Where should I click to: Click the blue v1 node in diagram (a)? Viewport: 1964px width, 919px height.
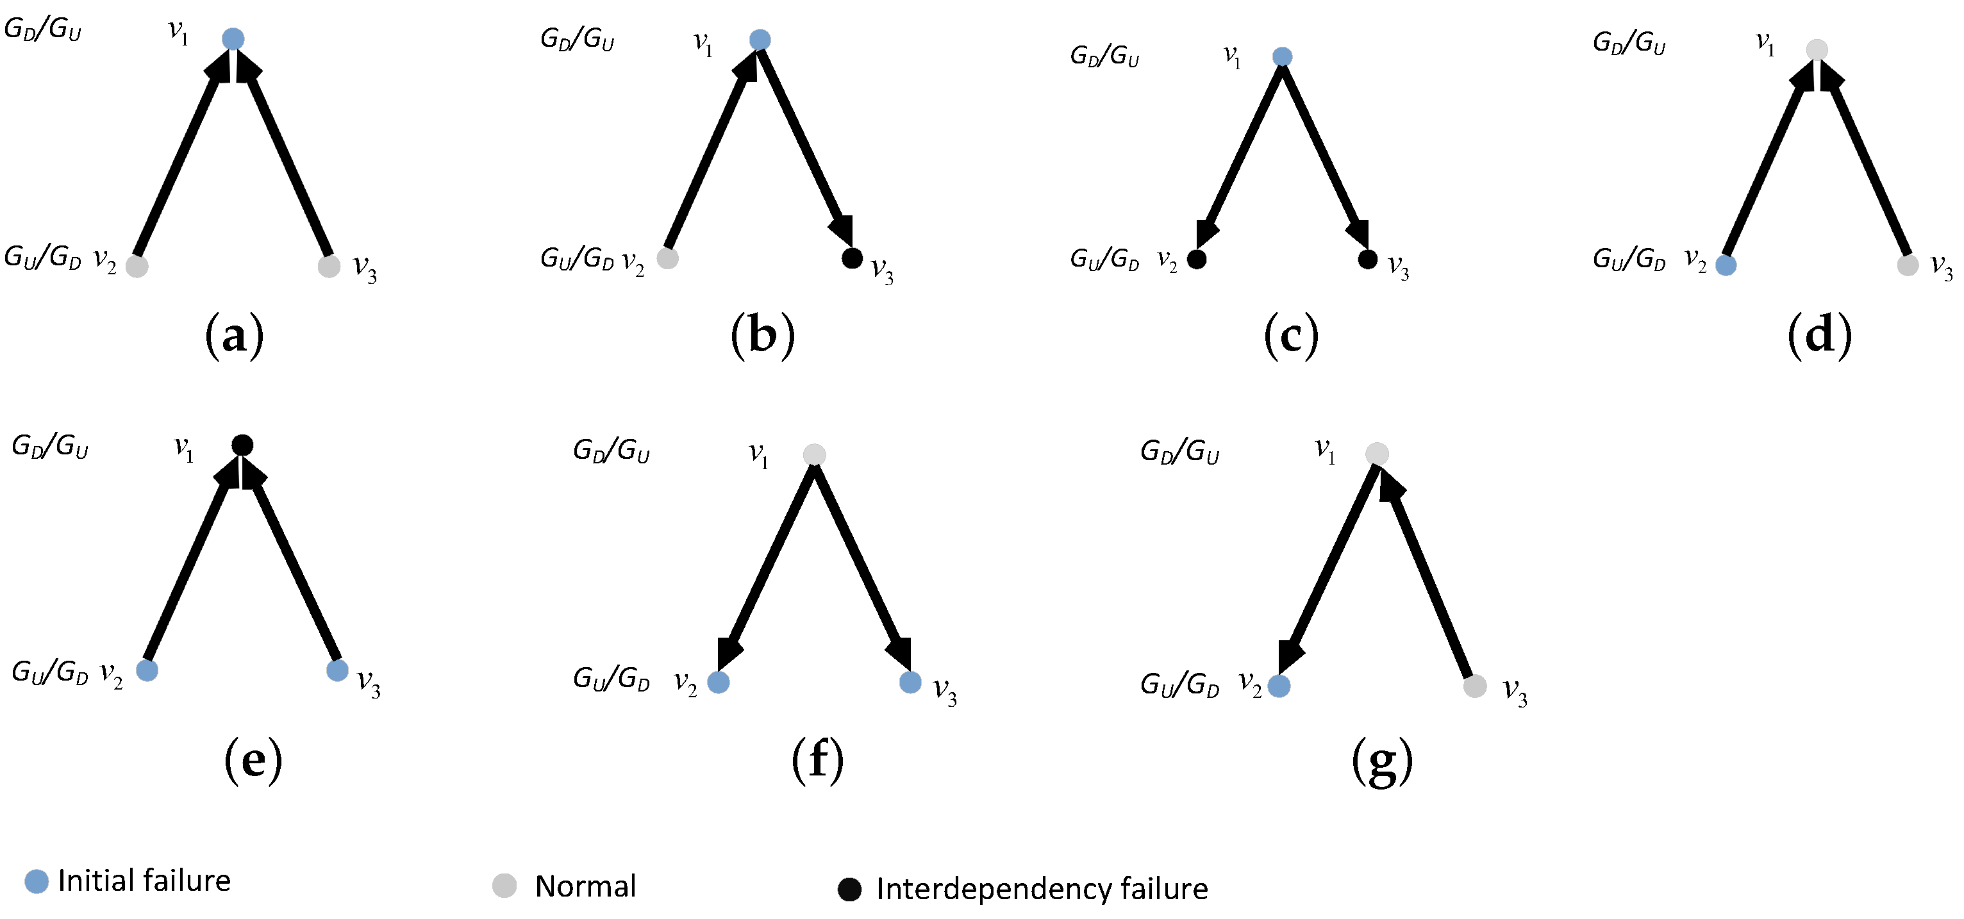233,39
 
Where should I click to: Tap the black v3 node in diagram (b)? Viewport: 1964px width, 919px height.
852,258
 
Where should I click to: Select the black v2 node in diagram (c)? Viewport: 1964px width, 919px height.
1197,259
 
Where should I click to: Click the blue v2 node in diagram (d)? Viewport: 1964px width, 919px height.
1726,265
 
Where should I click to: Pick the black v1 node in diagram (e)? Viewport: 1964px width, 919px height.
242,445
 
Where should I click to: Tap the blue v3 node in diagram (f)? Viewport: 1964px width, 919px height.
910,682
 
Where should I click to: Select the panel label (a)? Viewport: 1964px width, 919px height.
234,336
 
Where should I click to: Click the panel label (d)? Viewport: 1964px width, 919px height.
1819,336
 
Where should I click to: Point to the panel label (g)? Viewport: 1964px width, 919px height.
1381,761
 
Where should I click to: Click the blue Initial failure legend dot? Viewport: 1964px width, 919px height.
37,882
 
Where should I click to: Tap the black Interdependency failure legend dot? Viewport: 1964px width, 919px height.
849,890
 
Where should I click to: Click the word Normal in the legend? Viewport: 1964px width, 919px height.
585,886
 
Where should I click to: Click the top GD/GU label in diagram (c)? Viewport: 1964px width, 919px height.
1104,56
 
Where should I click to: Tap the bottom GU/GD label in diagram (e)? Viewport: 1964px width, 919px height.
49,672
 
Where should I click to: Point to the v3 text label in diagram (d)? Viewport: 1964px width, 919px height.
1941,267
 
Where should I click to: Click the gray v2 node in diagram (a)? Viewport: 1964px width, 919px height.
137,266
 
